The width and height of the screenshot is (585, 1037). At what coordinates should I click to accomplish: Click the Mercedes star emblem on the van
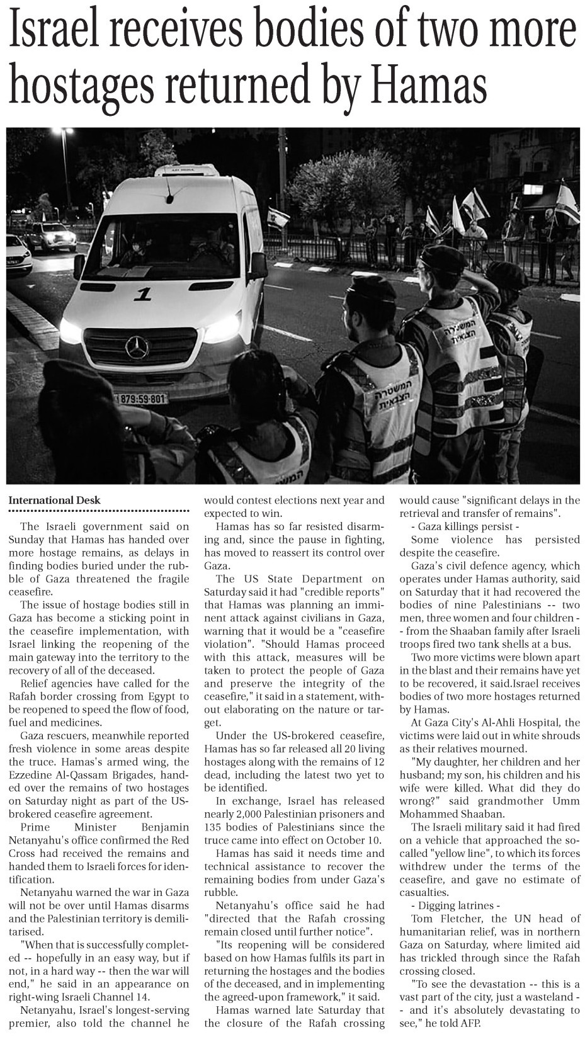[137, 348]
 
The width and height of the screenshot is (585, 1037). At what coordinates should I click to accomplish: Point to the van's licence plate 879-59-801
[141, 399]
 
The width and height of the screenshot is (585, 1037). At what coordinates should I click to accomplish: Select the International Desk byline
[54, 501]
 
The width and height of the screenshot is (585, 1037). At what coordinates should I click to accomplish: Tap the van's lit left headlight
[71, 331]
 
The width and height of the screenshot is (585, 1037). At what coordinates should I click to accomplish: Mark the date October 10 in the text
[354, 840]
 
